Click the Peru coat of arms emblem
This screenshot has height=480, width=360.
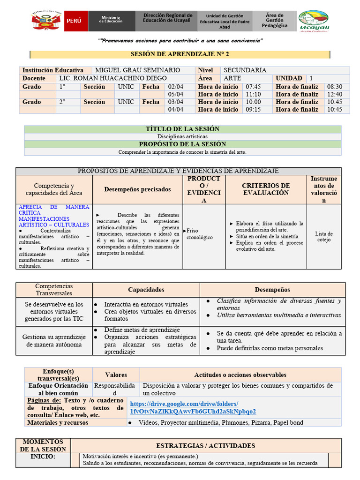click(47, 22)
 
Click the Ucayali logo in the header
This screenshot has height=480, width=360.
click(314, 22)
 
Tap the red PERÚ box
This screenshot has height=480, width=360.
click(74, 22)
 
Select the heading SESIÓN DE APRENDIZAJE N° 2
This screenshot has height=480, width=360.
click(180, 55)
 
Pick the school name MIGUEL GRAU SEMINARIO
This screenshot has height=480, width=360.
click(137, 70)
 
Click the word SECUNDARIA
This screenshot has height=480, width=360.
click(245, 70)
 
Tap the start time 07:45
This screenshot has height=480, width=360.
click(253, 87)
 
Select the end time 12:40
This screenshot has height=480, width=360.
click(335, 94)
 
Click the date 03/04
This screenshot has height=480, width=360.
click(175, 102)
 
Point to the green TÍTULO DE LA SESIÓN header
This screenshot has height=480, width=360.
click(183, 129)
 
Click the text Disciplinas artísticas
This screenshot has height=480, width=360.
click(182, 136)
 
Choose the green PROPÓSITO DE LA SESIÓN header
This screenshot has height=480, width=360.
click(183, 144)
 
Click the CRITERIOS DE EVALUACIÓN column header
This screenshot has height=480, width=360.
click(266, 189)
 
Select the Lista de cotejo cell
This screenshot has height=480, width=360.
click(324, 237)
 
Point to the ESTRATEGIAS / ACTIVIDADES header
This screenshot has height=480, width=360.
click(206, 445)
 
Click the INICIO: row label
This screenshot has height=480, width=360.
click(43, 457)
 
